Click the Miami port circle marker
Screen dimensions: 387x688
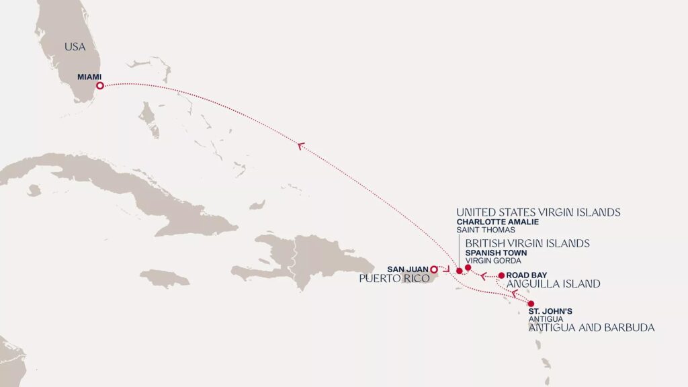pos(99,85)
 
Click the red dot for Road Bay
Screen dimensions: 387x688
pos(501,275)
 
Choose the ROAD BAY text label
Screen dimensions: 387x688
pos(527,275)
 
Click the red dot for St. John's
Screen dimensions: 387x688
pos(531,304)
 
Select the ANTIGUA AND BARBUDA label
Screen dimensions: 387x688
pos(591,328)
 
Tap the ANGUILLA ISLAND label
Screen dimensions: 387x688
pos(553,284)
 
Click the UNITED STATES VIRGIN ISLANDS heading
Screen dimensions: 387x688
pos(538,212)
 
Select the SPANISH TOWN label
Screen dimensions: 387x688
pos(496,253)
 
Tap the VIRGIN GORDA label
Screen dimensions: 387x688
pos(493,261)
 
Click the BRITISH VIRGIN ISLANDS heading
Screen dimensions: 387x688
pos(527,243)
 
